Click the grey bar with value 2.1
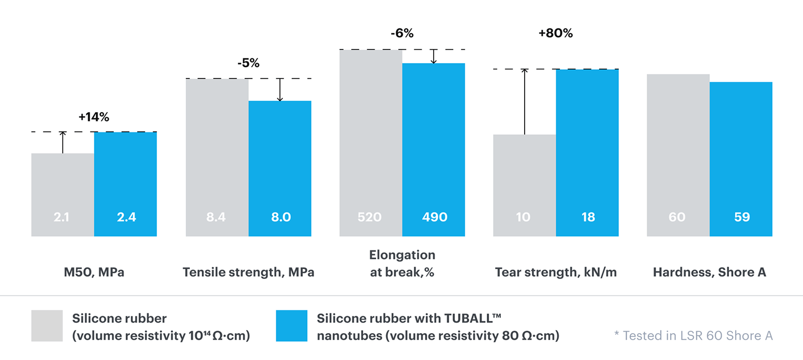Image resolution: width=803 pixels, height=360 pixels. [x=63, y=195]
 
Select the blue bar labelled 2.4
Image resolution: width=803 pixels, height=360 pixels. [x=125, y=184]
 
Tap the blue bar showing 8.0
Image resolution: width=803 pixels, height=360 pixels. [x=280, y=169]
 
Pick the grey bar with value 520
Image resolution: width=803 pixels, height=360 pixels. [x=370, y=143]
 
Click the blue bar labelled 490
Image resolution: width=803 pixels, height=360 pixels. [x=434, y=150]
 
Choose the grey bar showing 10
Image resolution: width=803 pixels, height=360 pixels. [x=524, y=185]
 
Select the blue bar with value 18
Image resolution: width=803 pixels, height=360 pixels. [x=587, y=153]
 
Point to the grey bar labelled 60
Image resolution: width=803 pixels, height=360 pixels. [x=678, y=155]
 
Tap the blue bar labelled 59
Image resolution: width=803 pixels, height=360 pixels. [x=741, y=159]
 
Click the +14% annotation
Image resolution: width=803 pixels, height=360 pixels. [x=94, y=117]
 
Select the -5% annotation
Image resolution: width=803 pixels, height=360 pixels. [x=248, y=64]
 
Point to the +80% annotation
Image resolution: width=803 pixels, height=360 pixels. [x=556, y=34]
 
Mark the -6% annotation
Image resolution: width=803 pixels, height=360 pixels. [x=402, y=34]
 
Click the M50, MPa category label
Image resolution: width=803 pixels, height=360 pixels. [x=94, y=273]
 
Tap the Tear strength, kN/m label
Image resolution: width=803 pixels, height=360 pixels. [x=556, y=273]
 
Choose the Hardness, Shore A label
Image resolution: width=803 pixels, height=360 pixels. [x=709, y=273]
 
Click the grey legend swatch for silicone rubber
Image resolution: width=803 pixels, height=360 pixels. [x=47, y=326]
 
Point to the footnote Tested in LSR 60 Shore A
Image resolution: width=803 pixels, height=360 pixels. [x=693, y=336]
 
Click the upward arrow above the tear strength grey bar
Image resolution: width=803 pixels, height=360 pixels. [x=524, y=101]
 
